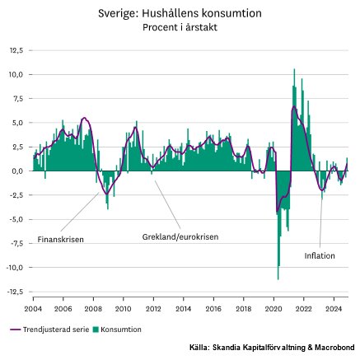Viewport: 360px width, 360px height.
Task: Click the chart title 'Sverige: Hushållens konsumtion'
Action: pos(180,13)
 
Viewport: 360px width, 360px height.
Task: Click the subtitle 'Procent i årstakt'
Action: pos(180,27)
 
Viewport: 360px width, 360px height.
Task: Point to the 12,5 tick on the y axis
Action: pos(16,50)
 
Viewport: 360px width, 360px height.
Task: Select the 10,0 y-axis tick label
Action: pos(16,75)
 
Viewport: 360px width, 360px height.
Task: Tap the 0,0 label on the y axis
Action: pos(17,171)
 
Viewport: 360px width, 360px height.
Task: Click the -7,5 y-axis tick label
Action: pos(16,243)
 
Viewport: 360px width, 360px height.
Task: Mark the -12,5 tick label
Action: pos(15,292)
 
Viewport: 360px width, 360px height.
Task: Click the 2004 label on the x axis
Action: pos(33,309)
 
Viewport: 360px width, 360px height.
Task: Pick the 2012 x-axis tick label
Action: pos(153,309)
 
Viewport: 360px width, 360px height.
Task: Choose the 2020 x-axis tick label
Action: pos(274,309)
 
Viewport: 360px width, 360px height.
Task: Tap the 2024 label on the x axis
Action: pos(334,309)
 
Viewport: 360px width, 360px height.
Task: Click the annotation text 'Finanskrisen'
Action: pos(60,240)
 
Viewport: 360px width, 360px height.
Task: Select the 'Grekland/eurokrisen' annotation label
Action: pos(180,236)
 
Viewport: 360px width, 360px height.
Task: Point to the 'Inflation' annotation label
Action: pos(320,256)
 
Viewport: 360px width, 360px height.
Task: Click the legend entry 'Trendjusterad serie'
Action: pos(49,330)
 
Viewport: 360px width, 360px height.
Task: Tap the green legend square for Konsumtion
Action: pos(96,330)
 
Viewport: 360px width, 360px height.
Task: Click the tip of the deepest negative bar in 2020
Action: pos(278,279)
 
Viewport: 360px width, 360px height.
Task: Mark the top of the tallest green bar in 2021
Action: pos(294,69)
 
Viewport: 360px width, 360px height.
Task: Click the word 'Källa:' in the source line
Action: pos(199,348)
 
